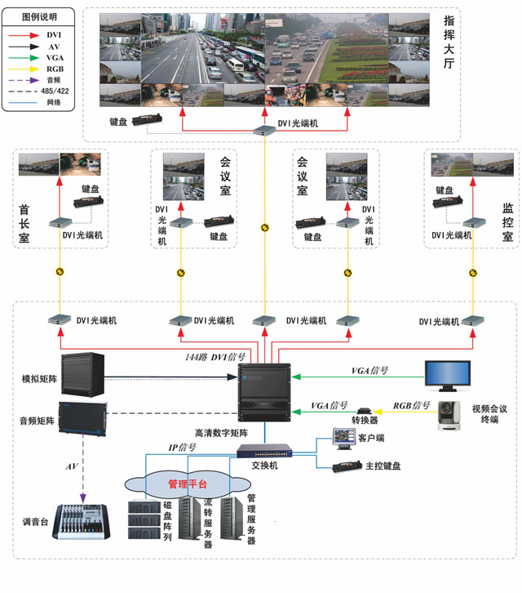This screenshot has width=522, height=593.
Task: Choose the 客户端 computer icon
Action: (x=342, y=438)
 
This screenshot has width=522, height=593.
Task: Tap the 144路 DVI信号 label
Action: (x=213, y=357)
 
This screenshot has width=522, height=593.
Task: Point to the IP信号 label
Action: (x=182, y=447)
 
